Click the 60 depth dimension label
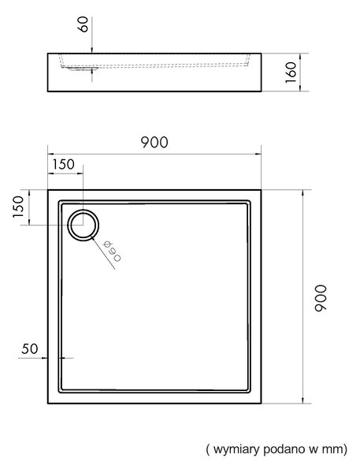pyautogui.click(x=83, y=24)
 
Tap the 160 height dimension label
pyautogui.click(x=291, y=73)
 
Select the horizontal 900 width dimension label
pyautogui.click(x=154, y=143)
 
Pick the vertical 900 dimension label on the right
pyautogui.click(x=320, y=298)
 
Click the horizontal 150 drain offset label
pyautogui.click(x=63, y=165)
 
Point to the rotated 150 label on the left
pyautogui.click(x=18, y=207)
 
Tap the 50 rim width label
pyautogui.click(x=30, y=348)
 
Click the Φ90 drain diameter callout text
pyautogui.click(x=112, y=251)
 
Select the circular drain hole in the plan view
pyautogui.click(x=83, y=225)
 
